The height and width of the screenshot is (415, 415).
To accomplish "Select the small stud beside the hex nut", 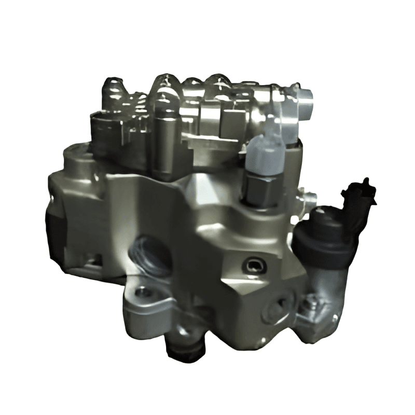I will point(310,197).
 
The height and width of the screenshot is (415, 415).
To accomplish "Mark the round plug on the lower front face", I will point(275,308).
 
